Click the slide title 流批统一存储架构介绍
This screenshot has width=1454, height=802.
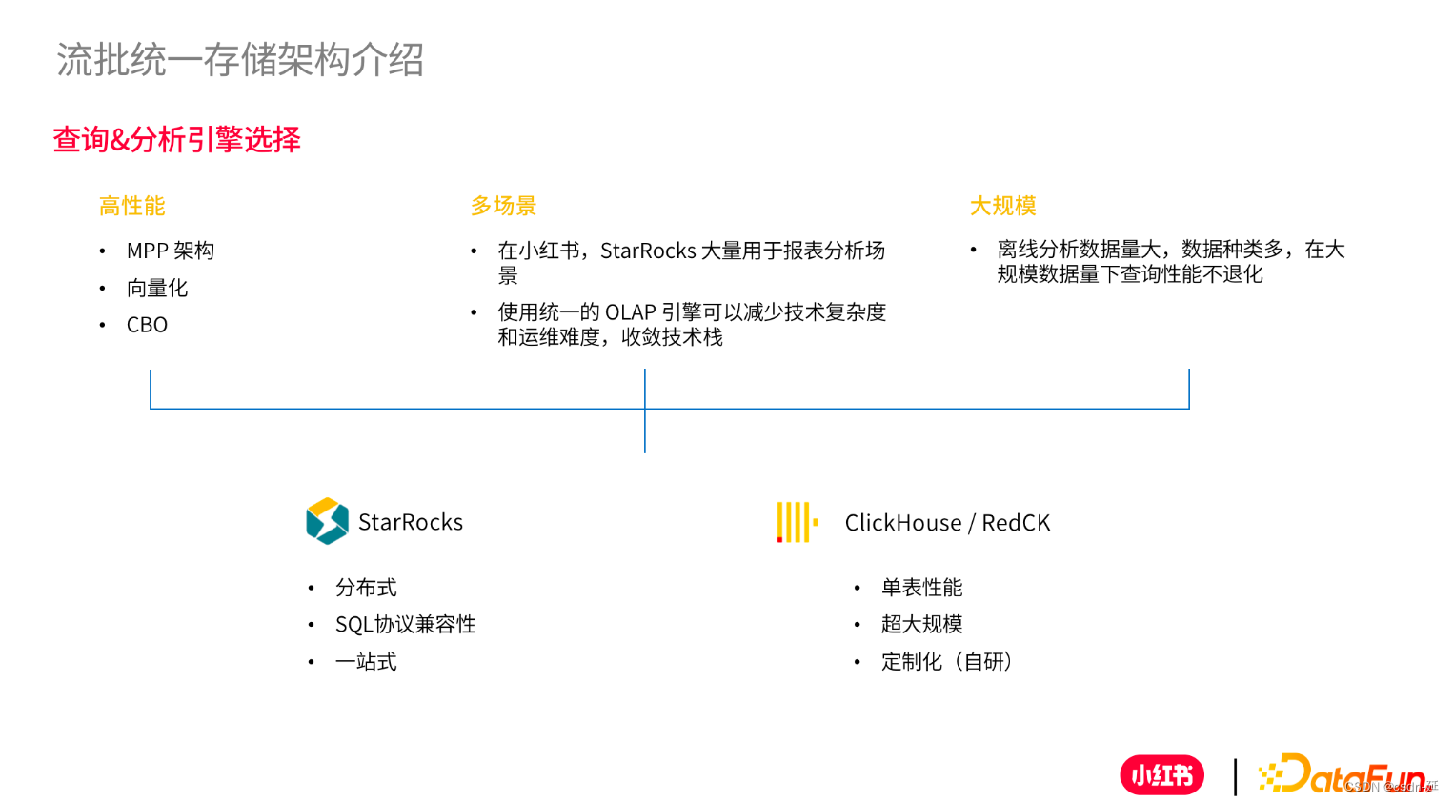[240, 60]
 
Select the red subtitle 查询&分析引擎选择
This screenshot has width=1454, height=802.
[177, 140]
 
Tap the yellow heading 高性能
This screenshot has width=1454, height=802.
[132, 206]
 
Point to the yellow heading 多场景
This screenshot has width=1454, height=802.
[503, 206]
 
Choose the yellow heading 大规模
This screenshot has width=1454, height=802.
[1002, 206]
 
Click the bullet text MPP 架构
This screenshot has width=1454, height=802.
[171, 251]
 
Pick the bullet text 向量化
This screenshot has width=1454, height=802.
[157, 288]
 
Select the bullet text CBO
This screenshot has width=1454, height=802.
[147, 325]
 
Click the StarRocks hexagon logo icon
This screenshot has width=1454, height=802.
[327, 521]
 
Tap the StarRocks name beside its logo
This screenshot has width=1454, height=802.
[411, 522]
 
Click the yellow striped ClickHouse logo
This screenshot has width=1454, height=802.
[797, 522]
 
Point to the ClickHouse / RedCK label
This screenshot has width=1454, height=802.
[947, 523]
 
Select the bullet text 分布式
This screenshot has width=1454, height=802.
[366, 588]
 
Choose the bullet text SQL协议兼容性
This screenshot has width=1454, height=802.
[405, 625]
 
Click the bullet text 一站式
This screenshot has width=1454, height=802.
[366, 662]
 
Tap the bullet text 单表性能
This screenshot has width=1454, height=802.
[921, 588]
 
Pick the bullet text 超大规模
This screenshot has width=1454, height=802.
[921, 625]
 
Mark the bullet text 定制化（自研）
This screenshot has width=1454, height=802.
[946, 662]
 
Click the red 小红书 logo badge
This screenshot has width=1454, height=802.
[1161, 775]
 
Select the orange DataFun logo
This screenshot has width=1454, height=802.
[1343, 774]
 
